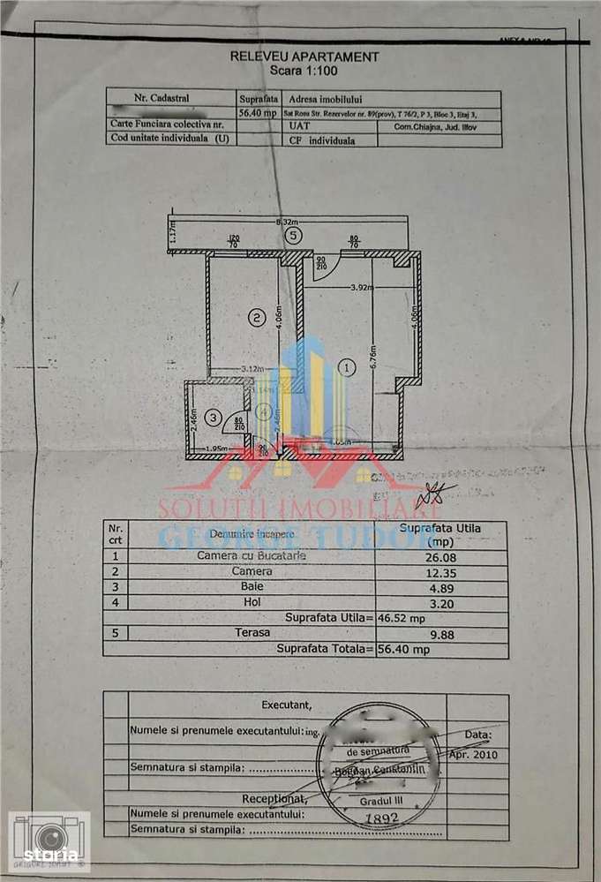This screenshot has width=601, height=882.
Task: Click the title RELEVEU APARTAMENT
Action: pyautogui.click(x=304, y=56)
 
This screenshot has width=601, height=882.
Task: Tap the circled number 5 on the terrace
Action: pyautogui.click(x=294, y=235)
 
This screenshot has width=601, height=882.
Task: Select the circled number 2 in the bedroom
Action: pyautogui.click(x=257, y=317)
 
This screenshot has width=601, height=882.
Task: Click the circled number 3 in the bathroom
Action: pyautogui.click(x=212, y=417)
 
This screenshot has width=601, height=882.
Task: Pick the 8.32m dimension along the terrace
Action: pyautogui.click(x=286, y=222)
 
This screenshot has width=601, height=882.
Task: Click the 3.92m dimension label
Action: pyautogui.click(x=361, y=287)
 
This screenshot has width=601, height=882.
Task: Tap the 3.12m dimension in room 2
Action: pyautogui.click(x=254, y=370)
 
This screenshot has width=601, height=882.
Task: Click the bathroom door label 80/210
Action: pyautogui.click(x=238, y=425)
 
